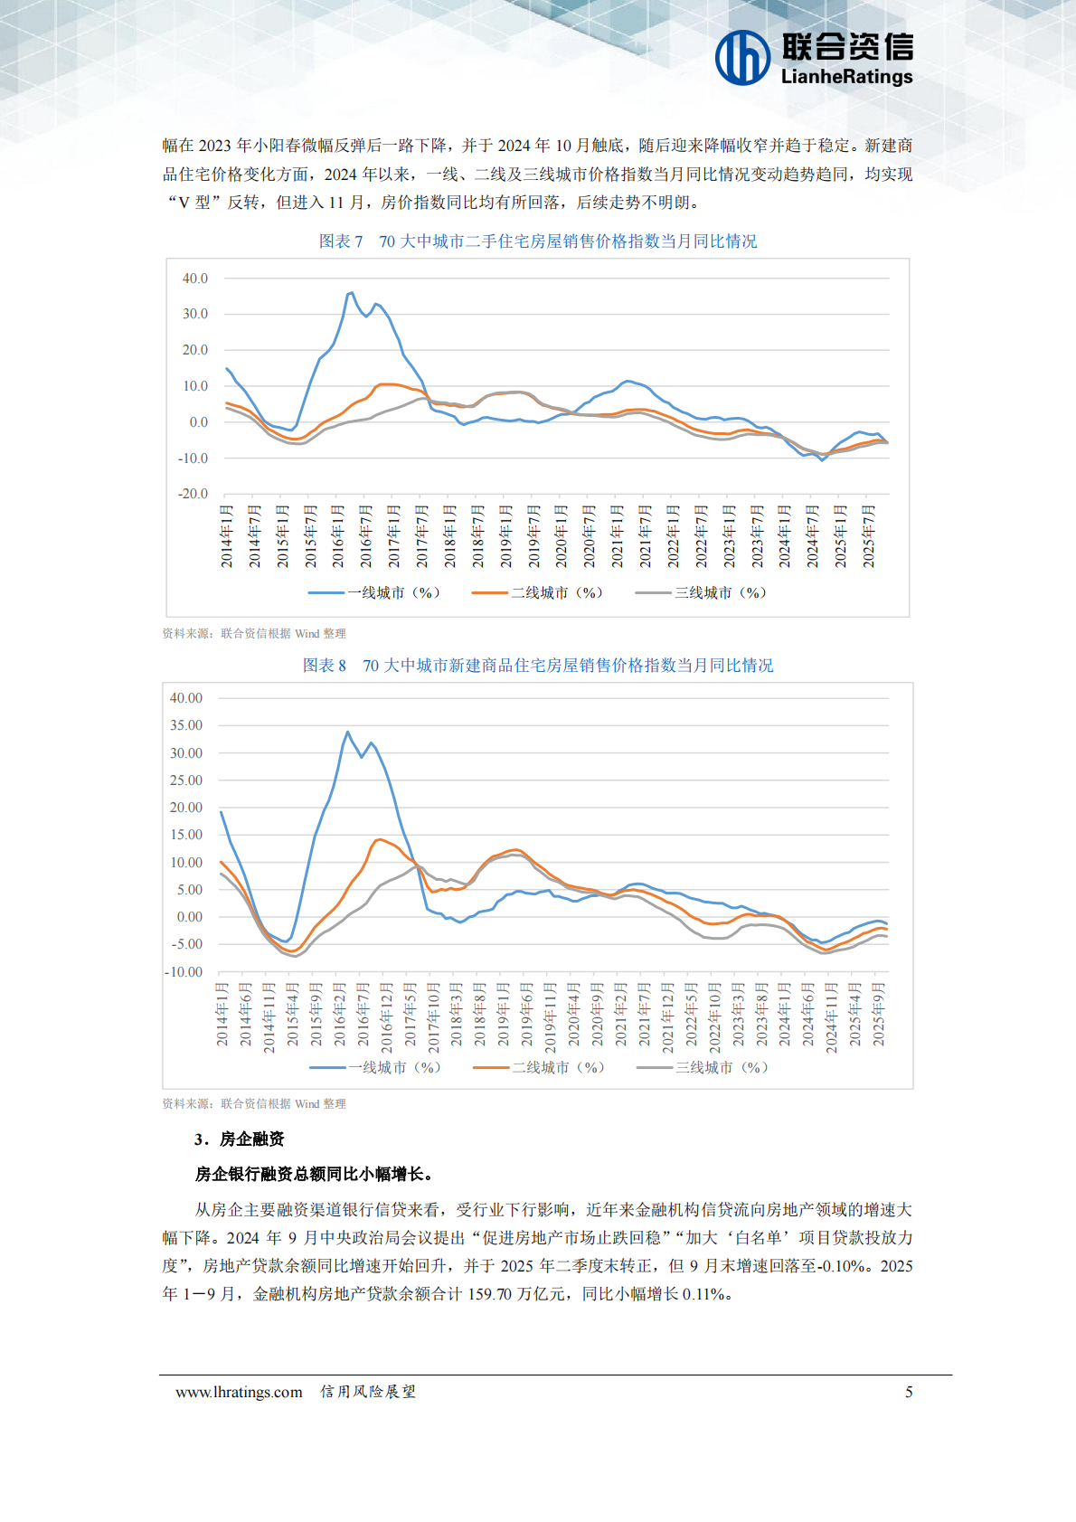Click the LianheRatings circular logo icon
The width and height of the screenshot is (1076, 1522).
point(742,58)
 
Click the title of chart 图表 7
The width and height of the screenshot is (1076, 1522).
point(538,241)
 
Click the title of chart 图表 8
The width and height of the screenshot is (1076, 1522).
point(538,666)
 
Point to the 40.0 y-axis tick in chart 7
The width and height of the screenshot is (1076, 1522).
point(194,279)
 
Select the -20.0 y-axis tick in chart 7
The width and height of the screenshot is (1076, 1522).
point(193,494)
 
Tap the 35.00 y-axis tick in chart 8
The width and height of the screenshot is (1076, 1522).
point(186,725)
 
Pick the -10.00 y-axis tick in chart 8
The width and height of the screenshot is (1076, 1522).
point(184,972)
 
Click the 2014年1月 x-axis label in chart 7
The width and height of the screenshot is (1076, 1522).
point(227,537)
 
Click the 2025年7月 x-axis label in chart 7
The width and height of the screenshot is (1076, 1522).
point(869,537)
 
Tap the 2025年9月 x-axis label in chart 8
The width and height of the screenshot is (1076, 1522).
point(878,1015)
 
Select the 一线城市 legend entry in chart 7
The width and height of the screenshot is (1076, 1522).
point(374,593)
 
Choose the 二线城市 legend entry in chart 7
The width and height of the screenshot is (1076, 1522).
point(537,593)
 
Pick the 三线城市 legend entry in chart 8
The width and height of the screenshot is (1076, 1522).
point(703,1068)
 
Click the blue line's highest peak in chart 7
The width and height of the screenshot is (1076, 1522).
point(351,293)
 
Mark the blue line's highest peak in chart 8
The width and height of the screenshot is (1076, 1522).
point(347,732)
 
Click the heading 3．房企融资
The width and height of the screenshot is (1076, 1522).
point(239,1139)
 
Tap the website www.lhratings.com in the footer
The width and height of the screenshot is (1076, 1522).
point(239,1392)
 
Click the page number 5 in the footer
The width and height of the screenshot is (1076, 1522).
point(909,1392)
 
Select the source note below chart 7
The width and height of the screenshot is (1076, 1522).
point(254,634)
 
